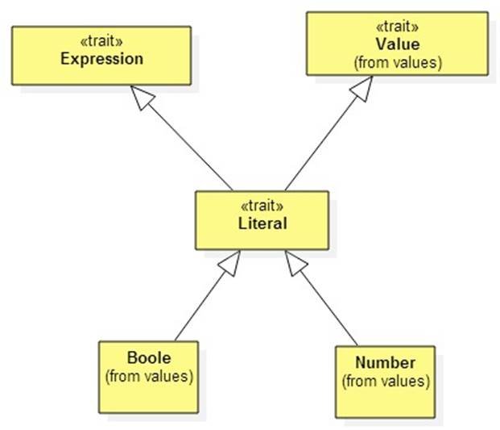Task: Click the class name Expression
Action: click(x=101, y=59)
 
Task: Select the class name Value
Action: click(x=397, y=44)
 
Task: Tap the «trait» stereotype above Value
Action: click(x=397, y=29)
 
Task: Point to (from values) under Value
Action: click(x=397, y=61)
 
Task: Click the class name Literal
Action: click(x=262, y=223)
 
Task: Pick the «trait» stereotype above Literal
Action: click(x=262, y=207)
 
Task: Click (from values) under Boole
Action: click(x=149, y=376)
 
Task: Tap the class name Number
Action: click(x=386, y=363)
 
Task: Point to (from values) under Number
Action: click(x=386, y=380)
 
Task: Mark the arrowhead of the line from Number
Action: click(x=294, y=261)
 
